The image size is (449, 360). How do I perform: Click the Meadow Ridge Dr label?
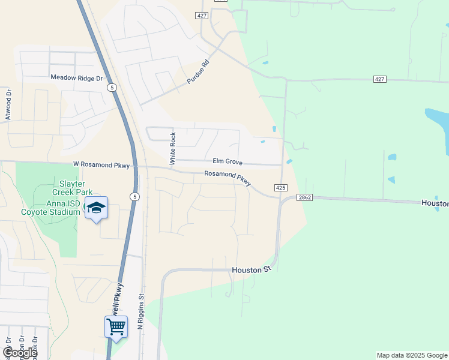point(77,77)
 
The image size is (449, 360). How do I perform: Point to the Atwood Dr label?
point(8,104)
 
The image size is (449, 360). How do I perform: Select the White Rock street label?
point(173,148)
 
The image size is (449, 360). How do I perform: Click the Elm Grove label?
point(227,161)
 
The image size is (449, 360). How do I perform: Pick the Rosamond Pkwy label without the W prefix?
point(227,178)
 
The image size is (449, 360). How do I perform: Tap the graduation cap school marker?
point(96,208)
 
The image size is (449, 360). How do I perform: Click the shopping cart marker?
point(116,327)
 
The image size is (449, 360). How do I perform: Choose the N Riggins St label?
point(141,311)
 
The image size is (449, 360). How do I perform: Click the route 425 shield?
point(280,188)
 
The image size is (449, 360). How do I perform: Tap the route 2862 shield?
point(304,197)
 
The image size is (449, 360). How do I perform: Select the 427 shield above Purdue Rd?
point(202,15)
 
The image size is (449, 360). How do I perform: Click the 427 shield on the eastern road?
point(379,79)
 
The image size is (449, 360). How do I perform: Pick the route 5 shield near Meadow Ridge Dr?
point(112,88)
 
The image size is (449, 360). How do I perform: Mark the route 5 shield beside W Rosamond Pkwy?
point(135,197)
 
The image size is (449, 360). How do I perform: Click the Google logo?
point(20,353)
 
